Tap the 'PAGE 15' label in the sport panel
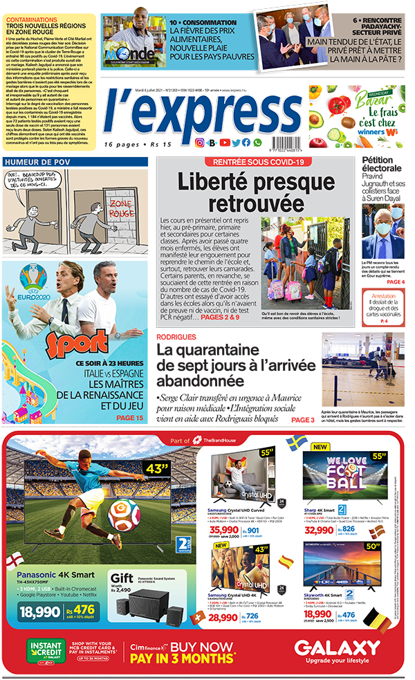129,418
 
